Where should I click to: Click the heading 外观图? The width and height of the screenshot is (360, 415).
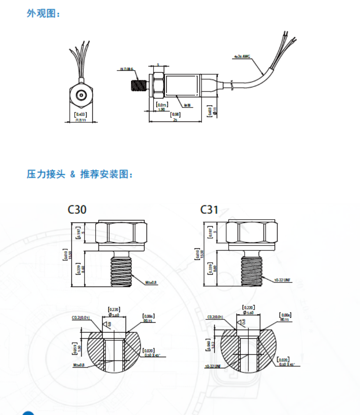[x=43, y=14]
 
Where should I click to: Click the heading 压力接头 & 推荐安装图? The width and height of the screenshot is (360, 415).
[x=80, y=174]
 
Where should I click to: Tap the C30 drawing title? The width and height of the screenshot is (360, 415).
[x=77, y=210]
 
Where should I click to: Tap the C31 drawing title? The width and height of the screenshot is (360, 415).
[x=209, y=210]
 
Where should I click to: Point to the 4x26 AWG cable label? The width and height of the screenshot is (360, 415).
[x=242, y=56]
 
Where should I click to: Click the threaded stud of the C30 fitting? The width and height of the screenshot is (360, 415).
[x=122, y=270]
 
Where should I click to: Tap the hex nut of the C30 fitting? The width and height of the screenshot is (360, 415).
[x=121, y=233]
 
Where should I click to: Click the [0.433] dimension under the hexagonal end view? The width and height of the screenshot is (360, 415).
[x=80, y=115]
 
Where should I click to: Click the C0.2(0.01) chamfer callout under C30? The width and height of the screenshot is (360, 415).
[x=81, y=317]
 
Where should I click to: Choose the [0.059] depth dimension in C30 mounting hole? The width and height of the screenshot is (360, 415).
[x=74, y=348]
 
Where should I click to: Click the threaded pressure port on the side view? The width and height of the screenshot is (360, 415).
[x=138, y=85]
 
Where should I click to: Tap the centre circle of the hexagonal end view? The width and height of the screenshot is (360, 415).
[x=81, y=96]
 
